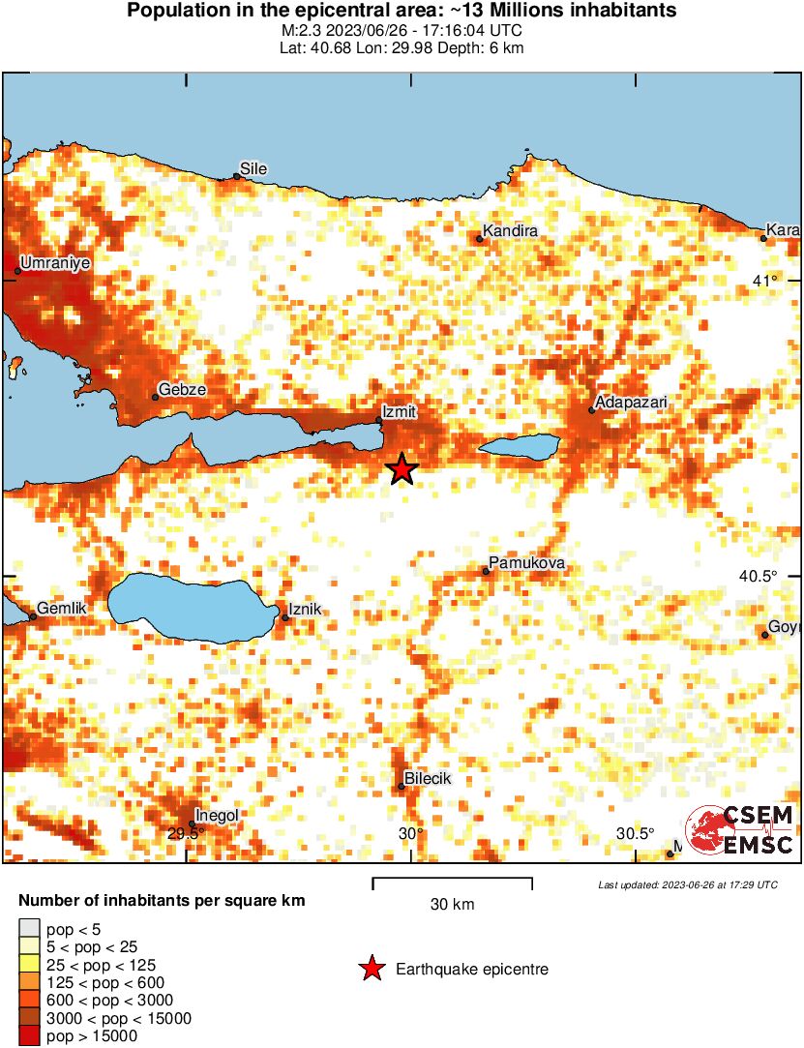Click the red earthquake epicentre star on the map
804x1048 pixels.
(x=402, y=469)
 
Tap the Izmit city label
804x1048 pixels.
(x=399, y=411)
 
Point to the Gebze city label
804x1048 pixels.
(x=182, y=389)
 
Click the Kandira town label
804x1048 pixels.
(x=510, y=231)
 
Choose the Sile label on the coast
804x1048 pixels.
(x=253, y=168)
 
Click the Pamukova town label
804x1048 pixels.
(x=526, y=563)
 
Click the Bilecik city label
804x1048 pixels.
(x=427, y=778)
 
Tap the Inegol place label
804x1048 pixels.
(x=217, y=815)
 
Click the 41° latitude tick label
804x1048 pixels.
(x=765, y=281)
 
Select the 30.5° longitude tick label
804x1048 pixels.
(x=635, y=834)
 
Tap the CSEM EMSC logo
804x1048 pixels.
(x=740, y=829)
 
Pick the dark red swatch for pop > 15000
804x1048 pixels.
(x=30, y=1036)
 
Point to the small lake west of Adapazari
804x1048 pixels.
(x=520, y=446)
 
